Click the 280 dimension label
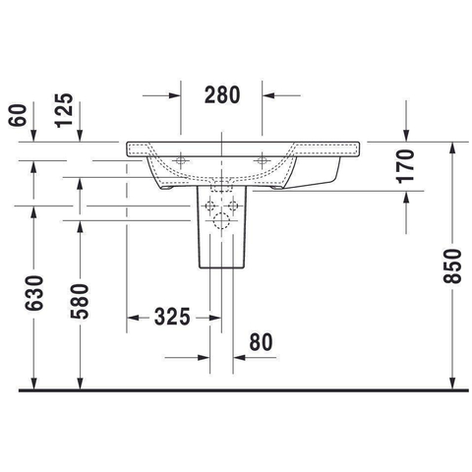[x=222, y=95]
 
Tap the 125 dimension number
[x=64, y=110]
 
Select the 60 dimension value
[x=18, y=115]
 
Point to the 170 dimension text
[x=405, y=166]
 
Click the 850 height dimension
[x=452, y=266]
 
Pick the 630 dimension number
[x=33, y=293]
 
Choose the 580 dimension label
[x=80, y=302]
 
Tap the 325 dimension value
[x=172, y=317]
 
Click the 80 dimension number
[x=261, y=342]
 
